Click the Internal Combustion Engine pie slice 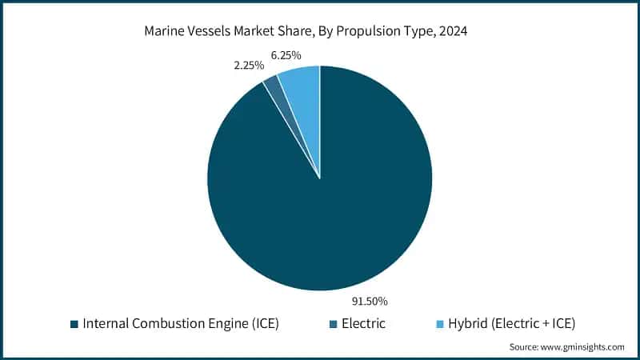320,208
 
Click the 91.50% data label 370,301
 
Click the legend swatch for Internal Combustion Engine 74,324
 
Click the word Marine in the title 165,32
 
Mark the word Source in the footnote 525,346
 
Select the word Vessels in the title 211,32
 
